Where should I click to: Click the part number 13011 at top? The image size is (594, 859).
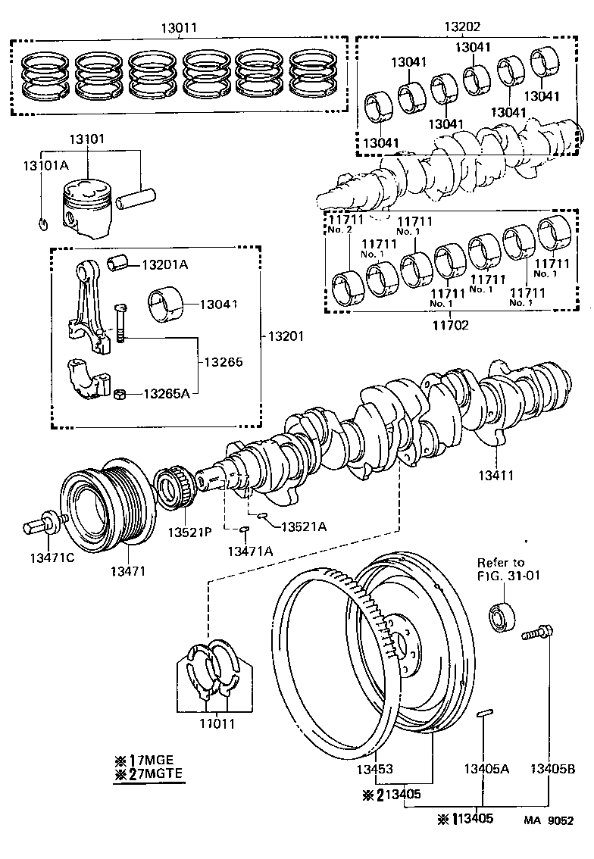[x=179, y=27]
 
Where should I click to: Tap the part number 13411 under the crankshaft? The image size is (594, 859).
[x=496, y=476]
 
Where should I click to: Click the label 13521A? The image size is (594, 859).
[x=304, y=526]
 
